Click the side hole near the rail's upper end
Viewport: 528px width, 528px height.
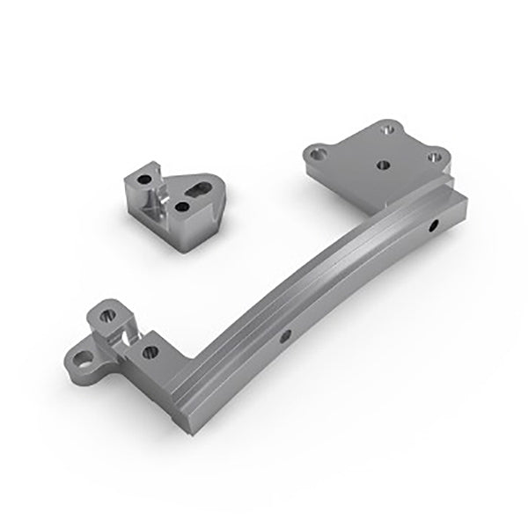(434, 227)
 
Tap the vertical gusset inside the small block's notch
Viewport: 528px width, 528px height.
(159, 205)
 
